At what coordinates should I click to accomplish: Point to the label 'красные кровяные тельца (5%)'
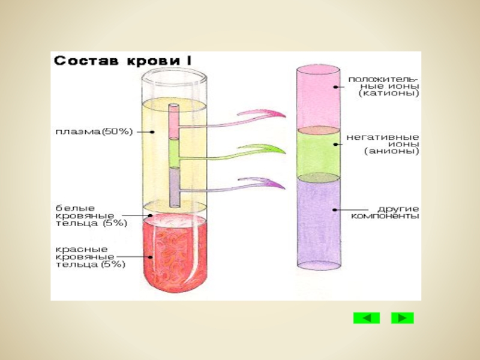click(x=90, y=257)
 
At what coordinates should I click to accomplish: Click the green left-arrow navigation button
click(x=366, y=317)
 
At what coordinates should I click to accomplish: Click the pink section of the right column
click(x=319, y=96)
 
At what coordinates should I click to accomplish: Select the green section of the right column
click(x=319, y=153)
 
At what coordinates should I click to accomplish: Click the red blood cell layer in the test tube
click(x=174, y=255)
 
